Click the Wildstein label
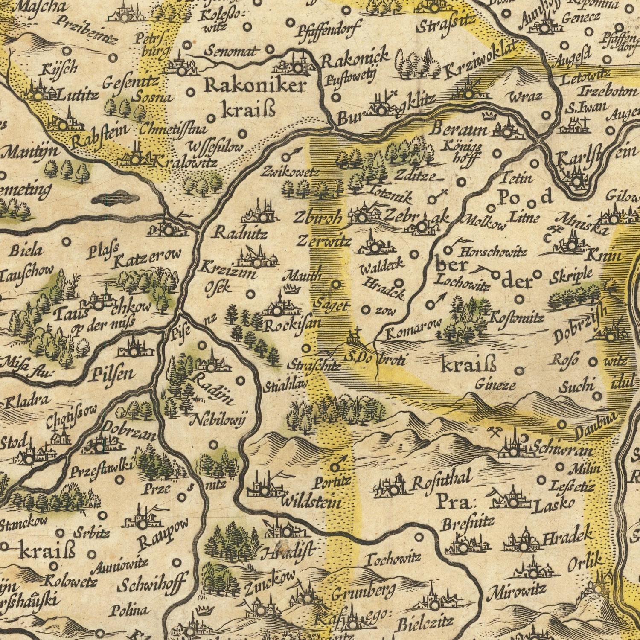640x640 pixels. tap(311, 502)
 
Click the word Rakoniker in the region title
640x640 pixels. tap(255, 86)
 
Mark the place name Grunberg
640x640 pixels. tap(363, 593)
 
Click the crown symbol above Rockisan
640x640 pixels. tap(291, 289)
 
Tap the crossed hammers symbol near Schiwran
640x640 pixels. tap(495, 433)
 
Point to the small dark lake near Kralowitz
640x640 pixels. tap(112, 198)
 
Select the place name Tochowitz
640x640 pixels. tap(393, 558)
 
